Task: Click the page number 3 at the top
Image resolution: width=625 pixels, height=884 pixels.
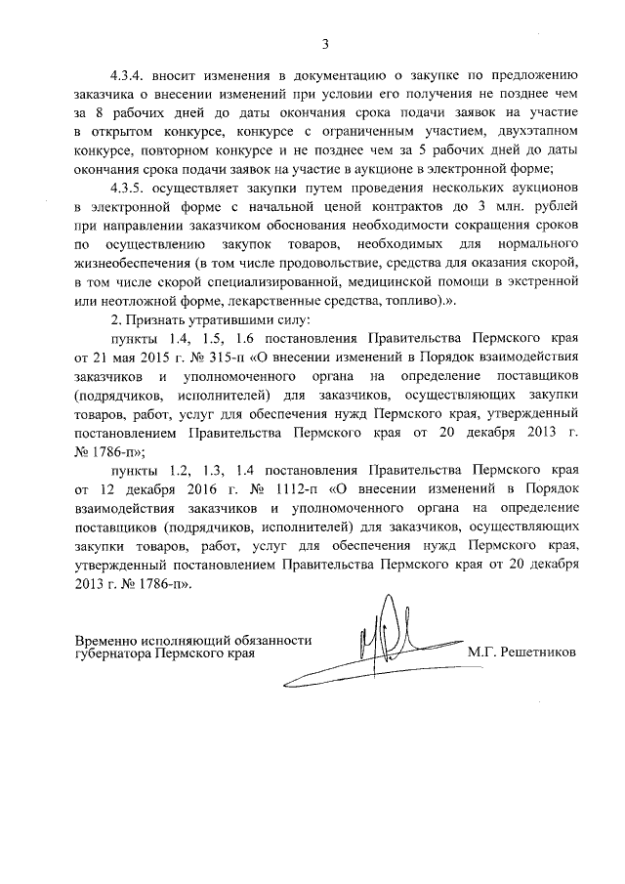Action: tap(324, 42)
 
